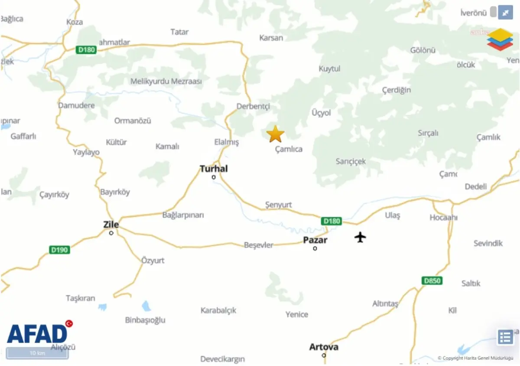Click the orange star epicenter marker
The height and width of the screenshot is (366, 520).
pos(275,134)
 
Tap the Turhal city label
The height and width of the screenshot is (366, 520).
pos(214,169)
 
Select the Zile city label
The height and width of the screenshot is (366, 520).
pos(111,225)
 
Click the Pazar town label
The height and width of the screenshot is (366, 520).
pos(315,240)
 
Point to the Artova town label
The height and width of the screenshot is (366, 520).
pos(324,347)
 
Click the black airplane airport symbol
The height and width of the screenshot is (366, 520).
pos(360,237)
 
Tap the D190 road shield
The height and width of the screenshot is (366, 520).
pos(60,250)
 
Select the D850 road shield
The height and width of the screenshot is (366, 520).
pos(432,281)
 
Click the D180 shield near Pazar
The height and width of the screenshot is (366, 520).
pos(332,221)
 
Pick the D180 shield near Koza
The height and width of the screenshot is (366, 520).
pos(86,50)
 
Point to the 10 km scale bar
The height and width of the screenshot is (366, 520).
pos(38,353)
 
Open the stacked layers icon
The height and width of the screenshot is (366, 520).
pos(500,39)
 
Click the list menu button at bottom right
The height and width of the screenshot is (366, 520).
pos(505,337)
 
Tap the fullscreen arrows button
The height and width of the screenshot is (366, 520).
pos(505,13)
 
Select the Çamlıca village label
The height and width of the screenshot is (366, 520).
pos(289,149)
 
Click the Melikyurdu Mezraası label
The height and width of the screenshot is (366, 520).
pos(166,81)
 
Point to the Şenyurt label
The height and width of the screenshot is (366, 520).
pos(278,205)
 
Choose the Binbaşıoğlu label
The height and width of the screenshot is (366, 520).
pos(145,320)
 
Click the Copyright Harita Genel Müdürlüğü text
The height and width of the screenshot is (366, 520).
pos(475,358)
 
